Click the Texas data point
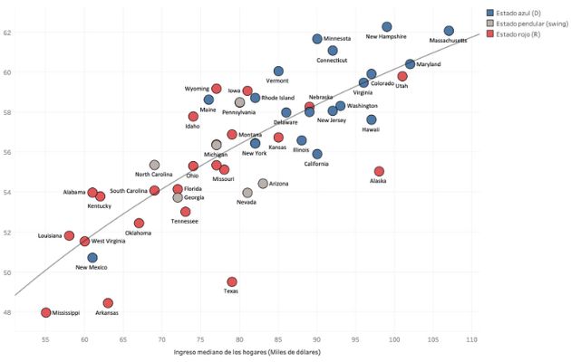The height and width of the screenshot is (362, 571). pyautogui.click(x=232, y=282)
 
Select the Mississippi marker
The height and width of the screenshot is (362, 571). pyautogui.click(x=46, y=312)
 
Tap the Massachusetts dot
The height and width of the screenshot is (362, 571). pyautogui.click(x=449, y=31)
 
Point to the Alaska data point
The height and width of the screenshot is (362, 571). pyautogui.click(x=379, y=171)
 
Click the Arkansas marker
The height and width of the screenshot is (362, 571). pyautogui.click(x=108, y=303)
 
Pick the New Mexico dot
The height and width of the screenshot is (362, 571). pyautogui.click(x=92, y=258)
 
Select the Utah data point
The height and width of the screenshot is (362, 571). pyautogui.click(x=402, y=77)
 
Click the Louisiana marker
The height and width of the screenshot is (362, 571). pyautogui.click(x=69, y=235)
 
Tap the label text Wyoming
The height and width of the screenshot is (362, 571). pyautogui.click(x=197, y=89)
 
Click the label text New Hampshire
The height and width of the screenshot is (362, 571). pyautogui.click(x=386, y=37)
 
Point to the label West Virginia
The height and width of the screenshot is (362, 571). pyautogui.click(x=109, y=242)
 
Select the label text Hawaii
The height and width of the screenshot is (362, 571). pyautogui.click(x=371, y=129)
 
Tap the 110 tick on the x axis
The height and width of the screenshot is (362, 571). pyautogui.click(x=471, y=339)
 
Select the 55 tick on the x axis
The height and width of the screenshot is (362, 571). pyautogui.click(x=46, y=339)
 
